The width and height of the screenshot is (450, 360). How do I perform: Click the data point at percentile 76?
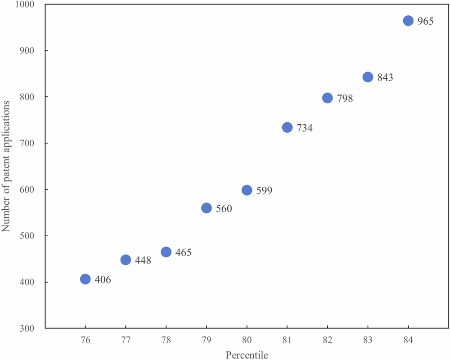pos(85,279)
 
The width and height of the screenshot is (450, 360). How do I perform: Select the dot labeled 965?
pos(408,21)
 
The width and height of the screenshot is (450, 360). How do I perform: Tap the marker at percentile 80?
pos(247,190)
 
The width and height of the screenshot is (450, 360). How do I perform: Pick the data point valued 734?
pos(287,127)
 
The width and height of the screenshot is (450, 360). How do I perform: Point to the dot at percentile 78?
pos(166,252)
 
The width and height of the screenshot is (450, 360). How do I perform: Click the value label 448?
pos(143,261)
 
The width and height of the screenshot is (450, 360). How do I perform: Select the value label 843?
pos(385,78)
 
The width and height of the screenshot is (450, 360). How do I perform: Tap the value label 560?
pos(223,209)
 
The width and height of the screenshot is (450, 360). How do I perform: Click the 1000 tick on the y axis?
pos(27,4)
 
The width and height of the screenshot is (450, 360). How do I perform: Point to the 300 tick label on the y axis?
pos(30,328)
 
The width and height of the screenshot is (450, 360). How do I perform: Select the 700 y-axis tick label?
pos(30,143)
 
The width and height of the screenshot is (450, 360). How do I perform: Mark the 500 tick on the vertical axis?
pos(30,236)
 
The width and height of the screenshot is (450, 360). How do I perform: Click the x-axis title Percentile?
pos(247,355)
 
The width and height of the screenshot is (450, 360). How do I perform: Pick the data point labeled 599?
pos(247,190)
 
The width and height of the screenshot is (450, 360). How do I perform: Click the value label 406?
pos(102,280)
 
